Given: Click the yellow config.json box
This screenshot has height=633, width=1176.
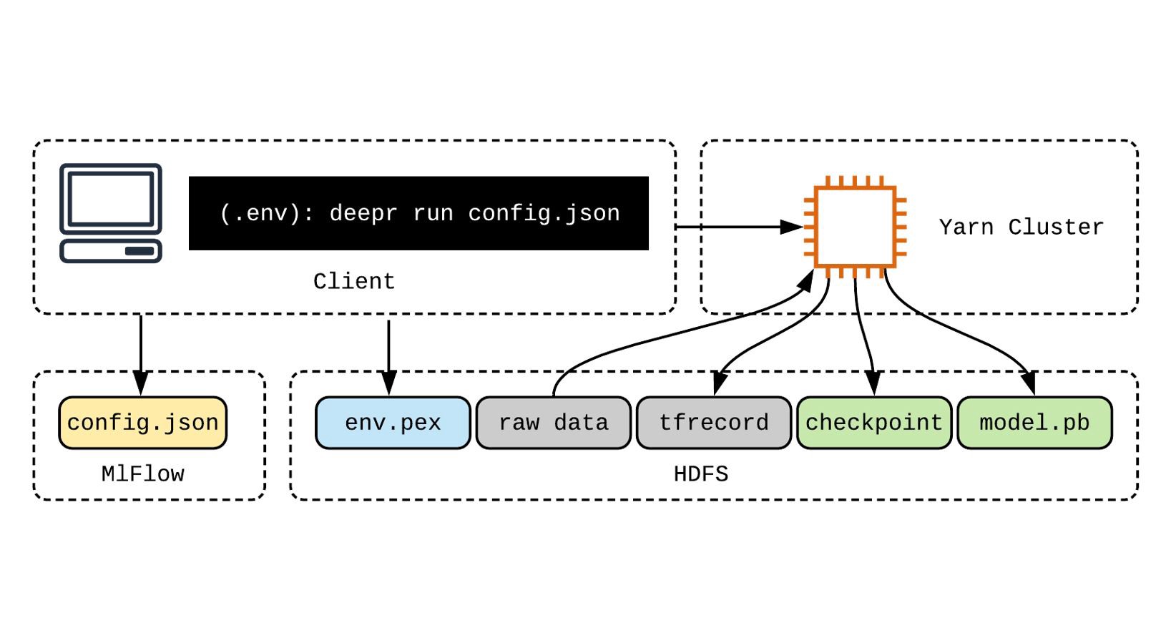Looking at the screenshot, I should pos(142,423).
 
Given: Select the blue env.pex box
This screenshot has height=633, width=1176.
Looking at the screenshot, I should pos(393,423).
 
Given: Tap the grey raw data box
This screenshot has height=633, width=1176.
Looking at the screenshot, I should pos(553,423).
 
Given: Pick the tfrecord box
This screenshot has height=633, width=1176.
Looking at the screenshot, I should pos(713,423).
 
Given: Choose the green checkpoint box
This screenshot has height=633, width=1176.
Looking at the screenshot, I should pos(873,423).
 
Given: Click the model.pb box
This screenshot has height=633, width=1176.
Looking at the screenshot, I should pos(1034,423).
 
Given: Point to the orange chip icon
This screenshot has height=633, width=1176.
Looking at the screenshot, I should pos(855,227).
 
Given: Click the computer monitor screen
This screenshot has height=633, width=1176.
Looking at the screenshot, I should pos(111,198).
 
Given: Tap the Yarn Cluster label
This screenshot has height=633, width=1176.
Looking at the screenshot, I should pos(1021,227).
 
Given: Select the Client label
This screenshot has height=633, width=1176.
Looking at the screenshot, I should pos(354,281).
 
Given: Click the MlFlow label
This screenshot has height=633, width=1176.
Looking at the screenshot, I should pos(142,473).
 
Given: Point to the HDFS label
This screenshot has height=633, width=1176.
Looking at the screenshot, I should pos(700,473).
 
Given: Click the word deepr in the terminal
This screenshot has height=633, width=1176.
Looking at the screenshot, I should pos(363,213).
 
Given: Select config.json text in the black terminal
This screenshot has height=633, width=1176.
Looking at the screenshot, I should pos(544,213).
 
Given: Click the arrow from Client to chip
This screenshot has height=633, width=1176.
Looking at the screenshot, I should pos(737,227).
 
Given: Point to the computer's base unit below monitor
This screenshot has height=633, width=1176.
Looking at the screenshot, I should pos(111,251).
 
